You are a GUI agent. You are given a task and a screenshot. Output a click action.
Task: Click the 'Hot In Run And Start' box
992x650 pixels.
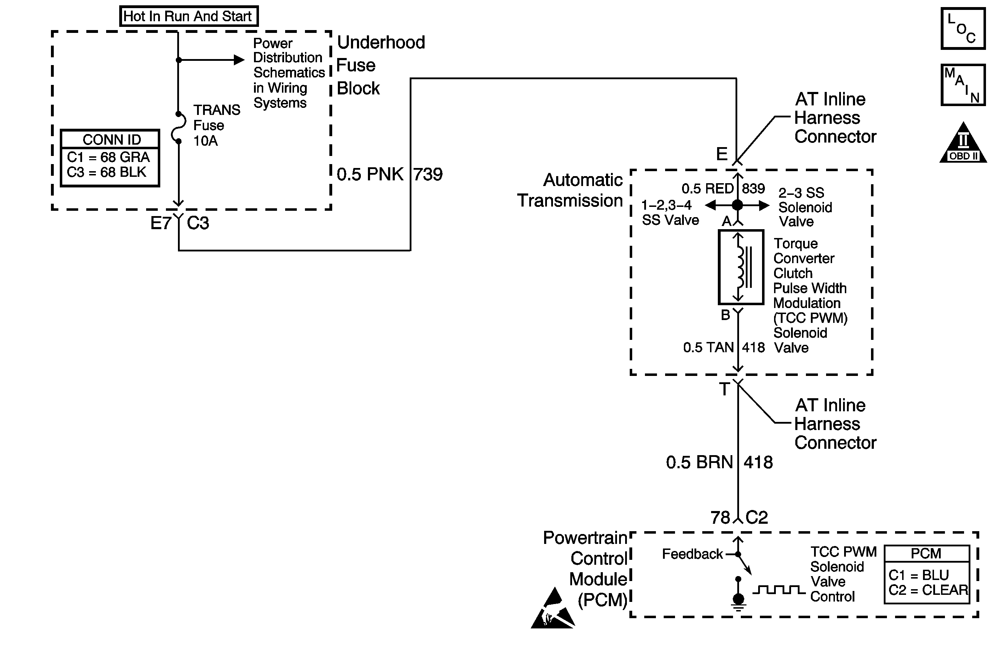click(x=189, y=16)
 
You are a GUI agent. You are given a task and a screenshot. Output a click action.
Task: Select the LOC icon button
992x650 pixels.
click(x=963, y=29)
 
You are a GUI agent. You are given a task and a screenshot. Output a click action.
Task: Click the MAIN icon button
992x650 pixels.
click(x=963, y=85)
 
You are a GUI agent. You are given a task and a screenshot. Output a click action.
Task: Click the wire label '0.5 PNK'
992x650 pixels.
click(x=370, y=174)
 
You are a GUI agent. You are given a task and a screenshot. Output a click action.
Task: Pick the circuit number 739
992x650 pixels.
click(x=428, y=174)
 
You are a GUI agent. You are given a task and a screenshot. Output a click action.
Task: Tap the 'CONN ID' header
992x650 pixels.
click(x=111, y=139)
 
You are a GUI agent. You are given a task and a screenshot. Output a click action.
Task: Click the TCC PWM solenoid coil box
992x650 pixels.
click(x=741, y=267)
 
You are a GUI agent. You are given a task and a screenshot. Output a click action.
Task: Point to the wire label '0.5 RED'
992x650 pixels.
click(x=707, y=189)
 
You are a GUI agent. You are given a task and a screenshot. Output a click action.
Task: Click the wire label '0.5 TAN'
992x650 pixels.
click(x=708, y=347)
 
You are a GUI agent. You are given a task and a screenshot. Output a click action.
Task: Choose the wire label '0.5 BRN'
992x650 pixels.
click(x=699, y=463)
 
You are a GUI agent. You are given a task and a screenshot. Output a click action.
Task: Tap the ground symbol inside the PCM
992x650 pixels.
click(x=738, y=601)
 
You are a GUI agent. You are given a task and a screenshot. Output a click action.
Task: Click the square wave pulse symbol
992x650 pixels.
click(x=779, y=590)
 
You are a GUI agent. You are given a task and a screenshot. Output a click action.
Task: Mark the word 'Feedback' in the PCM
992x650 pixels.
click(x=692, y=554)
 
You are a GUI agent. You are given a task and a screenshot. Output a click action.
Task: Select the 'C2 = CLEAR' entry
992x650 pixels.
click(x=928, y=590)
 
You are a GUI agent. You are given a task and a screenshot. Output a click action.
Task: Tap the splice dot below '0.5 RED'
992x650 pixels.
click(x=737, y=205)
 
